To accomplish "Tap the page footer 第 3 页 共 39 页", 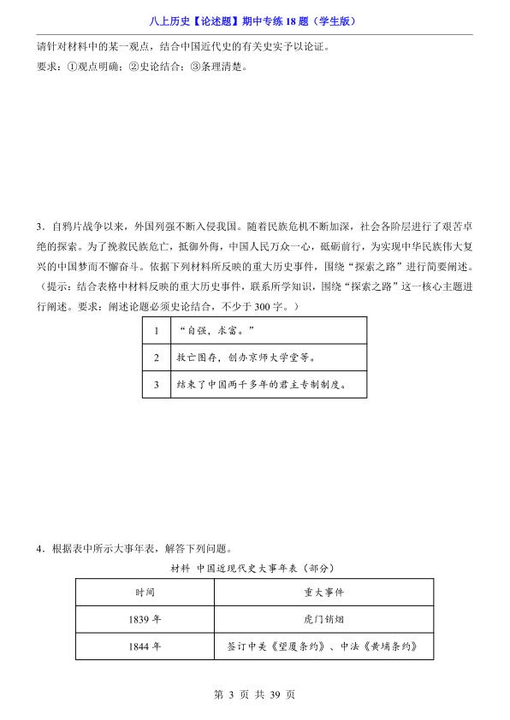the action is pyautogui.click(x=254, y=695).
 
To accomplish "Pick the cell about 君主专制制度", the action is pyautogui.click(x=260, y=385).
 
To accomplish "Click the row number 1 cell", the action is pyautogui.click(x=157, y=330).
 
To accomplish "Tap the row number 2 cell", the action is pyautogui.click(x=157, y=357).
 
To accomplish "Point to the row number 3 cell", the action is pyautogui.click(x=157, y=385).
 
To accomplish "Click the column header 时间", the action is pyautogui.click(x=144, y=592).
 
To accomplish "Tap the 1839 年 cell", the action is pyautogui.click(x=144, y=620).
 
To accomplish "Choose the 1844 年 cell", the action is pyautogui.click(x=144, y=648).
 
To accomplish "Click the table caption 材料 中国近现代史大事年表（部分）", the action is pyautogui.click(x=253, y=568).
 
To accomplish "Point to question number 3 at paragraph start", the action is pyautogui.click(x=40, y=227).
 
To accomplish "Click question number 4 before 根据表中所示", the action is pyautogui.click(x=40, y=549).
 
